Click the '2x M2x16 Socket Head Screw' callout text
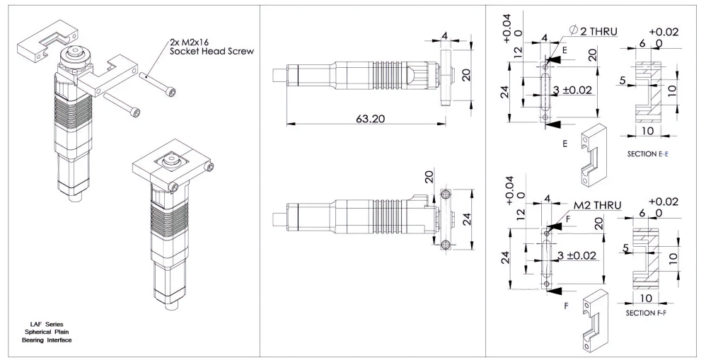pyautogui.click(x=212, y=47)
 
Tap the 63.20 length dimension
pyautogui.click(x=371, y=119)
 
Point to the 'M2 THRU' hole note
pyautogui.click(x=597, y=205)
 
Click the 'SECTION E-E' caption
pyautogui.click(x=648, y=154)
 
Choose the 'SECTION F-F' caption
pyautogui.click(x=646, y=313)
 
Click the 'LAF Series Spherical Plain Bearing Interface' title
pyautogui.click(x=47, y=332)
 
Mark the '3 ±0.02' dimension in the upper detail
pyautogui.click(x=572, y=90)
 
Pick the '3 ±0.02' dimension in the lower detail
pyautogui.click(x=577, y=255)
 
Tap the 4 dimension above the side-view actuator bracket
pyautogui.click(x=444, y=35)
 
